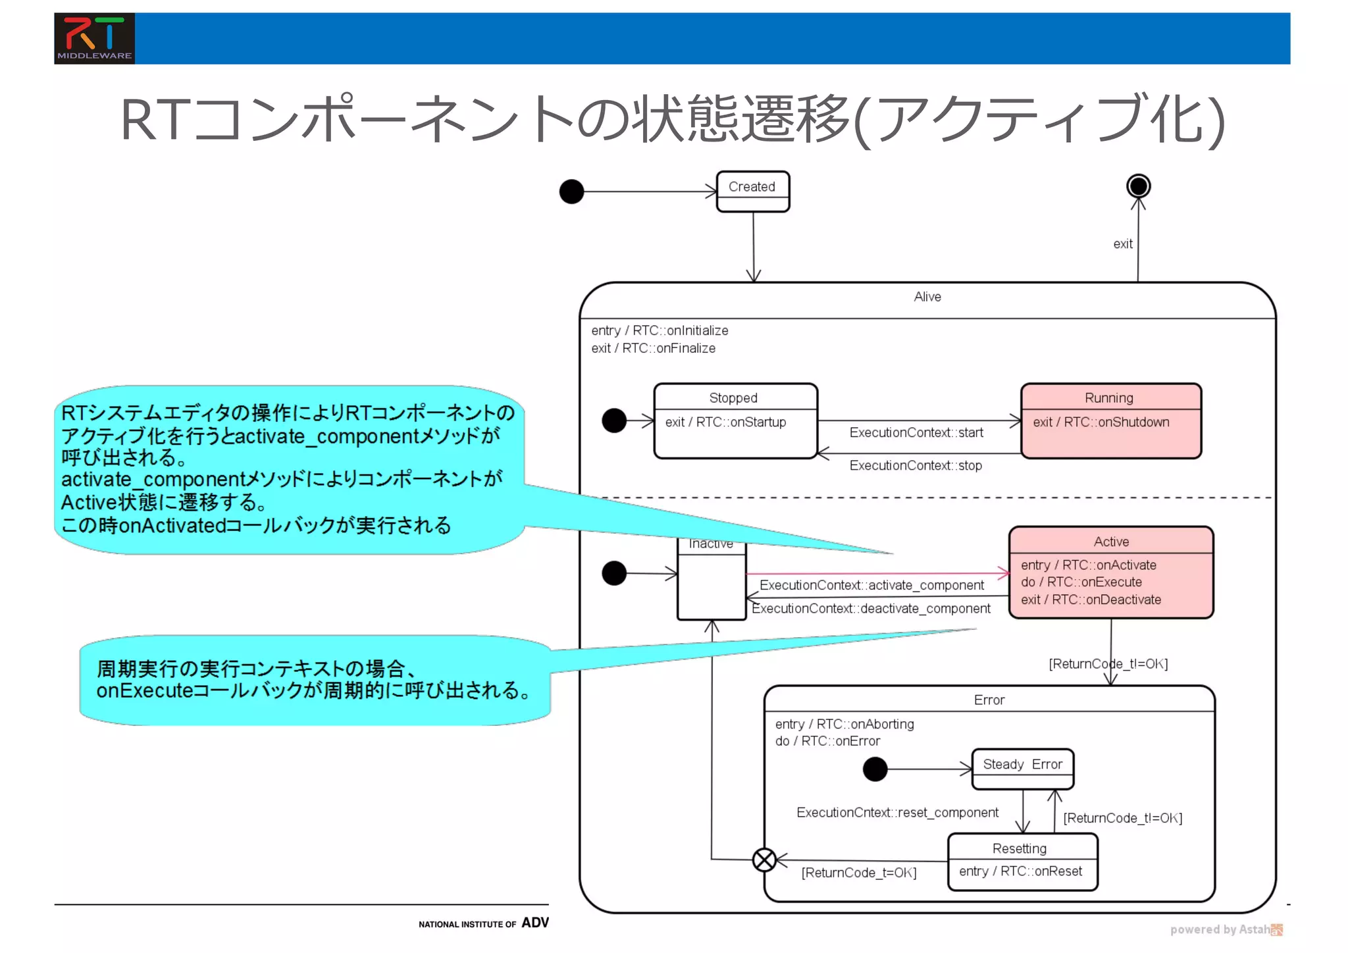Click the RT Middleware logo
tap(94, 38)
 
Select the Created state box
tap(752, 192)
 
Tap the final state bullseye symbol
tap(1138, 186)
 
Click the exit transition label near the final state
tap(1122, 244)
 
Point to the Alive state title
tap(927, 297)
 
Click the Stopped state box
tap(735, 421)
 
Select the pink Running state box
tap(1110, 421)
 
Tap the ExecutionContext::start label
tap(916, 433)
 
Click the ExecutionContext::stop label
tap(915, 466)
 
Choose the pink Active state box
tap(1110, 573)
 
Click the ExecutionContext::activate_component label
tap(871, 586)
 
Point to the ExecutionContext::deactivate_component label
tap(871, 609)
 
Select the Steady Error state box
tap(1022, 769)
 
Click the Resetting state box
tap(1022, 862)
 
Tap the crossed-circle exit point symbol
tap(764, 860)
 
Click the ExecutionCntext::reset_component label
tap(897, 813)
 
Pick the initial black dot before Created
tap(571, 192)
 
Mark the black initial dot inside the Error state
tap(875, 769)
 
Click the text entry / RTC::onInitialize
tap(660, 330)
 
